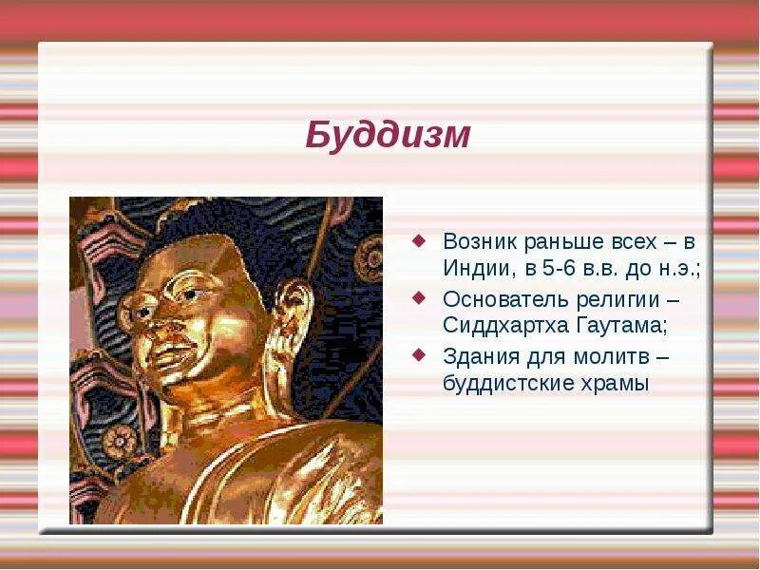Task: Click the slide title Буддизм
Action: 388,135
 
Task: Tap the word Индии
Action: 479,269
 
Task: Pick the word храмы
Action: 615,385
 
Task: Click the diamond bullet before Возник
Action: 418,239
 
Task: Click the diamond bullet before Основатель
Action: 418,297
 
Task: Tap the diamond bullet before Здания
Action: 418,355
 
